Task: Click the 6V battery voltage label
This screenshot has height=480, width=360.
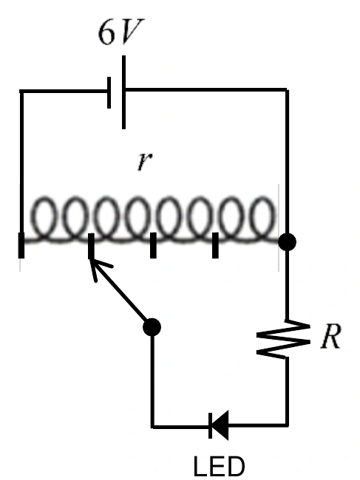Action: coord(120,32)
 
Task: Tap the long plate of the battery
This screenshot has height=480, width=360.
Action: coord(123,92)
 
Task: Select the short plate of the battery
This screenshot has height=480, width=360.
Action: coord(109,93)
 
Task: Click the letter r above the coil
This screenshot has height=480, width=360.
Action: coord(145,161)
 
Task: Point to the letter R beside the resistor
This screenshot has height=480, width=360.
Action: coord(330,336)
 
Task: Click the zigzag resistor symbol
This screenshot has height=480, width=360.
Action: coord(283,339)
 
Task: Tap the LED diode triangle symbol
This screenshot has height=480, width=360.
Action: coord(219,425)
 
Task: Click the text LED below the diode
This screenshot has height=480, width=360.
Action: coord(219,466)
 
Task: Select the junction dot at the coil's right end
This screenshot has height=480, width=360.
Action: coord(287,241)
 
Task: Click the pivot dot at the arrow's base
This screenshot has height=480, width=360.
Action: coord(152,327)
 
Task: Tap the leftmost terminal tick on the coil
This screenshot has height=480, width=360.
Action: coord(21,245)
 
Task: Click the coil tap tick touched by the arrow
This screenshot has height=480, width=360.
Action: coord(91,245)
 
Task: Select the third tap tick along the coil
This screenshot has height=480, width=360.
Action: coord(153,245)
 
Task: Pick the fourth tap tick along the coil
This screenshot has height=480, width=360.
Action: coord(215,245)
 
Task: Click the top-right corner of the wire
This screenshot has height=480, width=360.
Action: coord(287,89)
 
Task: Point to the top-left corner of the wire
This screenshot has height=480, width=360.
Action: coord(21,92)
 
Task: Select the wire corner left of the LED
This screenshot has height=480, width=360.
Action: coord(152,426)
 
